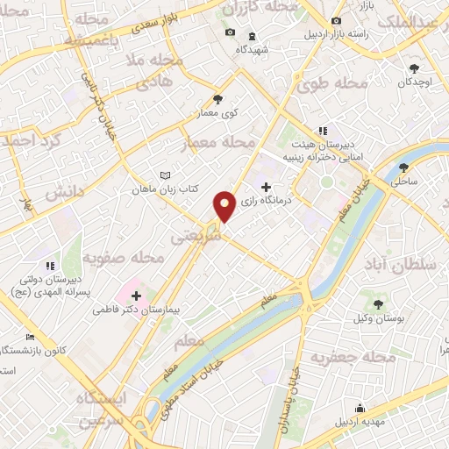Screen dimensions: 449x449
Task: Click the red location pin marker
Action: (225, 206)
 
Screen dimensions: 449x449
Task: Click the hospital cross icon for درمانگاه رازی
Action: (267, 187)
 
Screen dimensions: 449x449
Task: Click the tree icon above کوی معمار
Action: (217, 99)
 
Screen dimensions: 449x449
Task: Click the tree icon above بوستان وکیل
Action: (378, 303)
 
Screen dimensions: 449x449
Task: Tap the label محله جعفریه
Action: (344, 357)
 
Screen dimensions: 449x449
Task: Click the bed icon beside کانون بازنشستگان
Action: (32, 337)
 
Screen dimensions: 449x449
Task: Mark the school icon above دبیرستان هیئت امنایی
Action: (323, 131)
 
